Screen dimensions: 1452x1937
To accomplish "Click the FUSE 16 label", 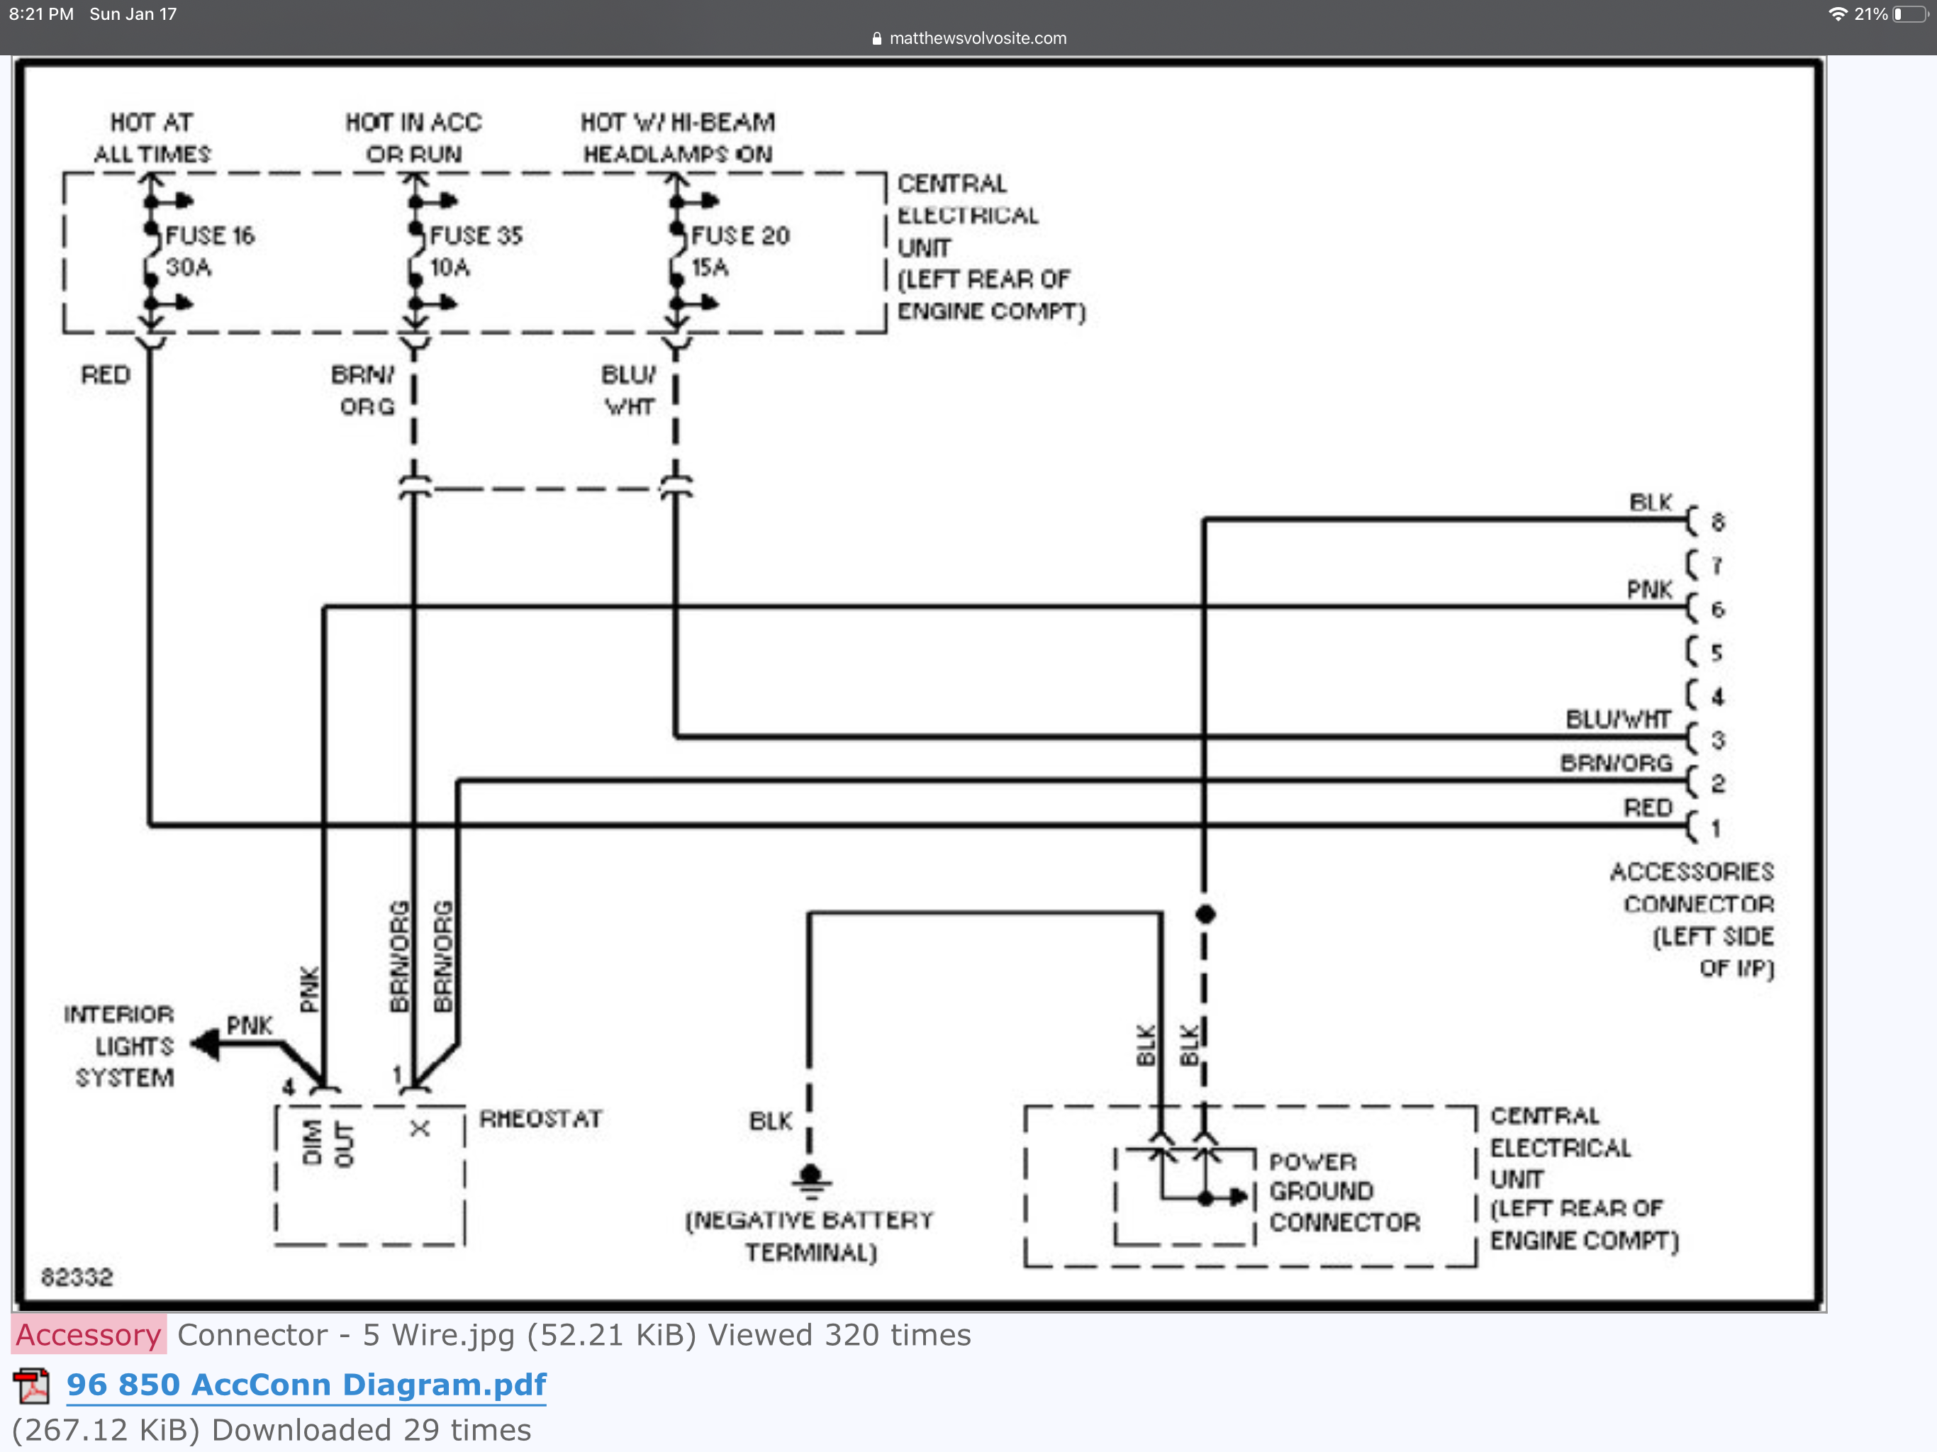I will (x=209, y=235).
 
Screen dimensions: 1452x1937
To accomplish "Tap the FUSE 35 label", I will (x=476, y=235).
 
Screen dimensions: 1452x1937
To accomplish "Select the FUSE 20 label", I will (x=740, y=235).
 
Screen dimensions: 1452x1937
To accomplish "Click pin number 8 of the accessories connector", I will (x=1717, y=523).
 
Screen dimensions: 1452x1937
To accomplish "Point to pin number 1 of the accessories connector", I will (x=1716, y=827).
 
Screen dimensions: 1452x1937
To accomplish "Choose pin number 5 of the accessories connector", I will (x=1716, y=652).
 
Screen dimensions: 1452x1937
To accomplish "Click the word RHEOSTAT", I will (x=540, y=1119).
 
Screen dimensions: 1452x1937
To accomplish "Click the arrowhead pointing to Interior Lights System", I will (x=205, y=1043).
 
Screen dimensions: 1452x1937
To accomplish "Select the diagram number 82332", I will (x=77, y=1277).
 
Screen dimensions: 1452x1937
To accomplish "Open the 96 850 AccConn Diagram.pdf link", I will (x=306, y=1385).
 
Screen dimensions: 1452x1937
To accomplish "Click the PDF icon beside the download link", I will (x=31, y=1385).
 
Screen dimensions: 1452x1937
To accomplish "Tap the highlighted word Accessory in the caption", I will (x=89, y=1334).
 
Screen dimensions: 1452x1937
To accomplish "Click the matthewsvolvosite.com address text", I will (x=977, y=38).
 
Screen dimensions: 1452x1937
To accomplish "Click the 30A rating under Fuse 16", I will (x=189, y=267).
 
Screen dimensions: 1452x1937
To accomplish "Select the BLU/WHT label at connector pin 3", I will (x=1617, y=720).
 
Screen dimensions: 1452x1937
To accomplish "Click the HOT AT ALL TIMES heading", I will (x=152, y=138).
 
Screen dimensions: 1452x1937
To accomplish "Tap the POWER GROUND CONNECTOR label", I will (x=1344, y=1192).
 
